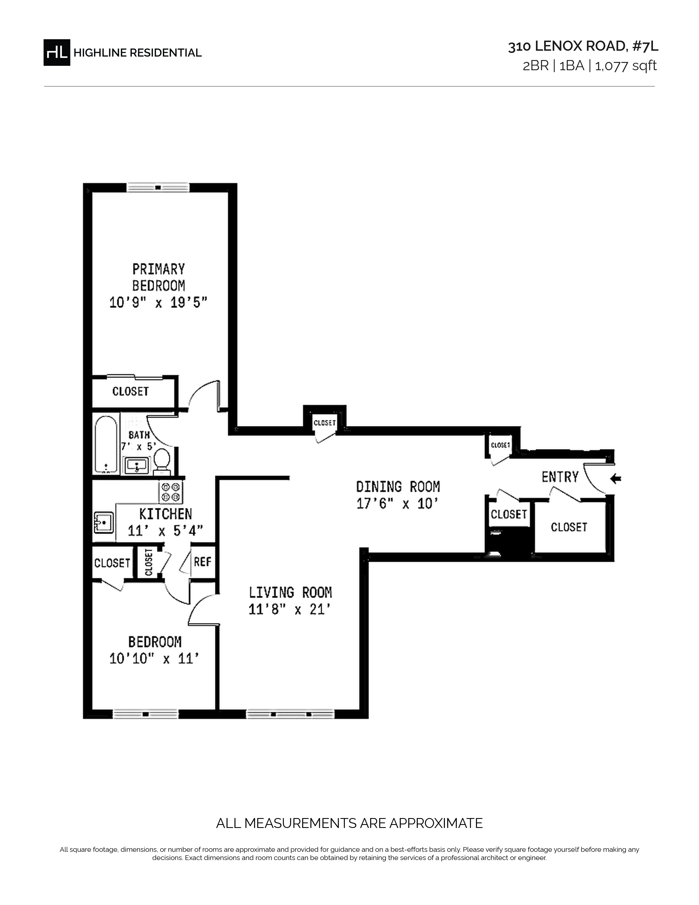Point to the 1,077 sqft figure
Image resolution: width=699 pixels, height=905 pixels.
pyautogui.click(x=626, y=66)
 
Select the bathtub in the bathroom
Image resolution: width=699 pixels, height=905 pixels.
pyautogui.click(x=106, y=444)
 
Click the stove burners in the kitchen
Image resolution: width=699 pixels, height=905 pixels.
pyautogui.click(x=171, y=492)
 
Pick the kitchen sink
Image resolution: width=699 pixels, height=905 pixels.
pyautogui.click(x=104, y=523)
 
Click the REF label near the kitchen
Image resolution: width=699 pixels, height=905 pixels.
pyautogui.click(x=203, y=562)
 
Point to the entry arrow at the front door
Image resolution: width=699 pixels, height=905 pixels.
pyautogui.click(x=616, y=479)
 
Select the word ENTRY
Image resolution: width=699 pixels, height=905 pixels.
pyautogui.click(x=560, y=477)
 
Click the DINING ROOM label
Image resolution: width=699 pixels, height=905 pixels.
pyautogui.click(x=398, y=487)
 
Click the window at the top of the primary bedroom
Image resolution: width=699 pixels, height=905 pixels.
pyautogui.click(x=158, y=188)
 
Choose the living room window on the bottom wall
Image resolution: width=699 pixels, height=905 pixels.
pyautogui.click(x=291, y=714)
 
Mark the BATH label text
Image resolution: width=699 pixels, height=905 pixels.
pyautogui.click(x=139, y=435)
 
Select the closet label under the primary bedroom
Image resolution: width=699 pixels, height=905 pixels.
pyautogui.click(x=130, y=391)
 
